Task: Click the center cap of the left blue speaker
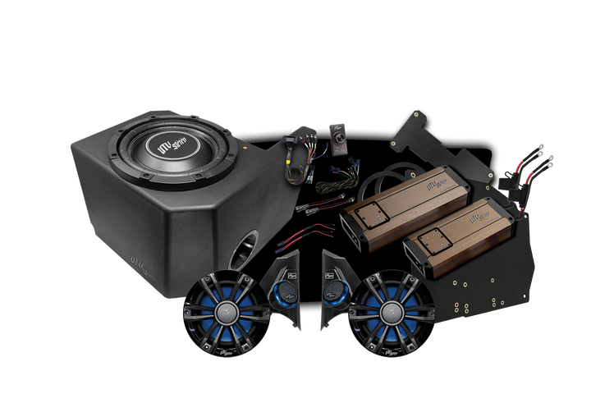click(x=222, y=313)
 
